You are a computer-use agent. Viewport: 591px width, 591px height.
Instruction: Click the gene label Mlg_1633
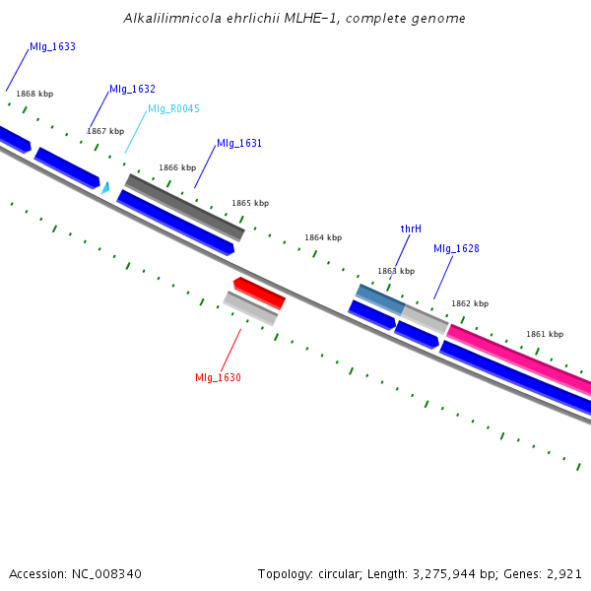(52, 46)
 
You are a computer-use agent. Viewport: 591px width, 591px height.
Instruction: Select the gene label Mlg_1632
(132, 89)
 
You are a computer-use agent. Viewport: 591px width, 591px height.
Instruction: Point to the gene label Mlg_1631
(239, 143)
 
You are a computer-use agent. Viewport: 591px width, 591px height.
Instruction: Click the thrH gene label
(411, 229)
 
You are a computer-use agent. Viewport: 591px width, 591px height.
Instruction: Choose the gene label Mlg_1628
(456, 248)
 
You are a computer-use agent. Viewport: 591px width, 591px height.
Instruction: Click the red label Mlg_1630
(218, 377)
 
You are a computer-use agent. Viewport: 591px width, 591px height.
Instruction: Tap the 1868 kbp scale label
(34, 94)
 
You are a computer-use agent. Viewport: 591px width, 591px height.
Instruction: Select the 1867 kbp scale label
(105, 131)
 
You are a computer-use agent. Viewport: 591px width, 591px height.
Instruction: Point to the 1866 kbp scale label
(177, 167)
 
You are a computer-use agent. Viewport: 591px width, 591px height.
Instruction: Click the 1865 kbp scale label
(250, 203)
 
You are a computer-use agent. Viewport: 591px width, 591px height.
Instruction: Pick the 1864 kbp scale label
(323, 237)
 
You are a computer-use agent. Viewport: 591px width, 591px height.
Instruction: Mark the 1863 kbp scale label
(396, 271)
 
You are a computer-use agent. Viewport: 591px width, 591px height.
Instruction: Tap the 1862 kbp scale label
(470, 303)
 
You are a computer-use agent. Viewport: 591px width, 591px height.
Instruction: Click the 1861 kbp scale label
(545, 334)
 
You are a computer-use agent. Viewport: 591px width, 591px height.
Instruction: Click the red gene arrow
(260, 293)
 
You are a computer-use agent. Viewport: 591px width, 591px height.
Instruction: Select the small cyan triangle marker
(105, 187)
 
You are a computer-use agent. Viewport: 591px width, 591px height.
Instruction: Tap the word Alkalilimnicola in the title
(170, 18)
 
